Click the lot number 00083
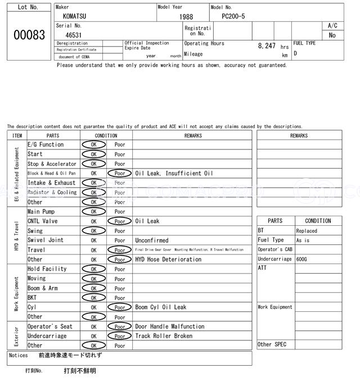click(29, 35)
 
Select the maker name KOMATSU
click(74, 17)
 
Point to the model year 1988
click(186, 17)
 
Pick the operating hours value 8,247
click(267, 46)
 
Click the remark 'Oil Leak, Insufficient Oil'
click(174, 174)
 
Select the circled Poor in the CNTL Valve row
click(119, 221)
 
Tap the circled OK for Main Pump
click(93, 212)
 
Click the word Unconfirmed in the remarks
click(152, 240)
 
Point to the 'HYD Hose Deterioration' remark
click(168, 260)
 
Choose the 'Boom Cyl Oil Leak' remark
click(161, 307)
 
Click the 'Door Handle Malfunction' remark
click(170, 326)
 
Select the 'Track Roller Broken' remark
click(164, 336)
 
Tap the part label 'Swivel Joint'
click(46, 240)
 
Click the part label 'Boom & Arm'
click(43, 288)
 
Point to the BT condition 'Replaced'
click(307, 231)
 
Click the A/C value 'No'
click(332, 35)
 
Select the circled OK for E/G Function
click(93, 145)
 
